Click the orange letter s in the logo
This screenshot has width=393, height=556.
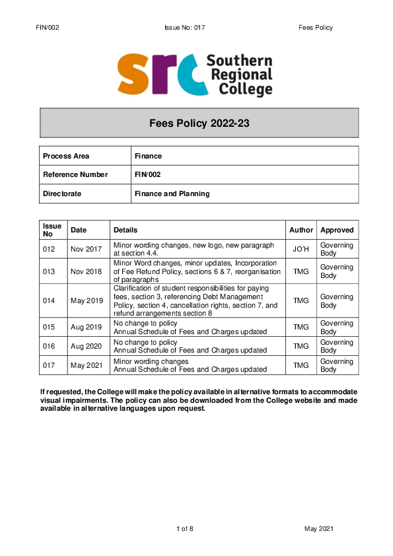[136, 75]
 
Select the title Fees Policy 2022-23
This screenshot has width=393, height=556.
[199, 123]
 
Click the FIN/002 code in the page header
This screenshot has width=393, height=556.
[50, 28]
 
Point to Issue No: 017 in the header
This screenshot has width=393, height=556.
[186, 28]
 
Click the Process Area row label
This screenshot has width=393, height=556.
[65, 156]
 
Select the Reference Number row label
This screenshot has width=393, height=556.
[74, 174]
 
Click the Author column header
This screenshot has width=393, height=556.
[301, 230]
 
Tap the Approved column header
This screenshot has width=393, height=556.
[337, 230]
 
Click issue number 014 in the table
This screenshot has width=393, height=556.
[50, 301]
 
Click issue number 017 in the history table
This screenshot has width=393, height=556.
[50, 365]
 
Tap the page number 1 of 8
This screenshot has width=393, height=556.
[185, 529]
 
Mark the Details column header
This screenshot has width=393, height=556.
[125, 230]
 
